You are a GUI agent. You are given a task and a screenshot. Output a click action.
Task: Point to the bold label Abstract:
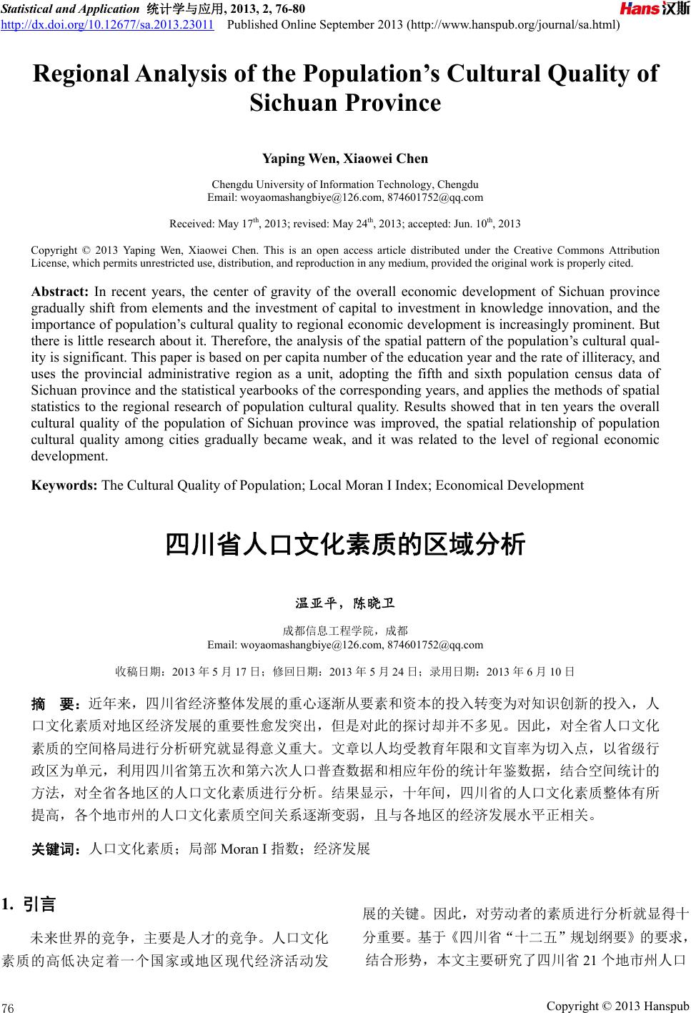[x=59, y=292]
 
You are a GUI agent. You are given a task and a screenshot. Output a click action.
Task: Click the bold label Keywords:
[x=64, y=485]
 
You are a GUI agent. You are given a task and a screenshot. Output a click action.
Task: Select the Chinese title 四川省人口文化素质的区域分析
[x=345, y=545]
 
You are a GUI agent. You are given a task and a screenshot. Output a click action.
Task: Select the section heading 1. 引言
[x=29, y=904]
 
